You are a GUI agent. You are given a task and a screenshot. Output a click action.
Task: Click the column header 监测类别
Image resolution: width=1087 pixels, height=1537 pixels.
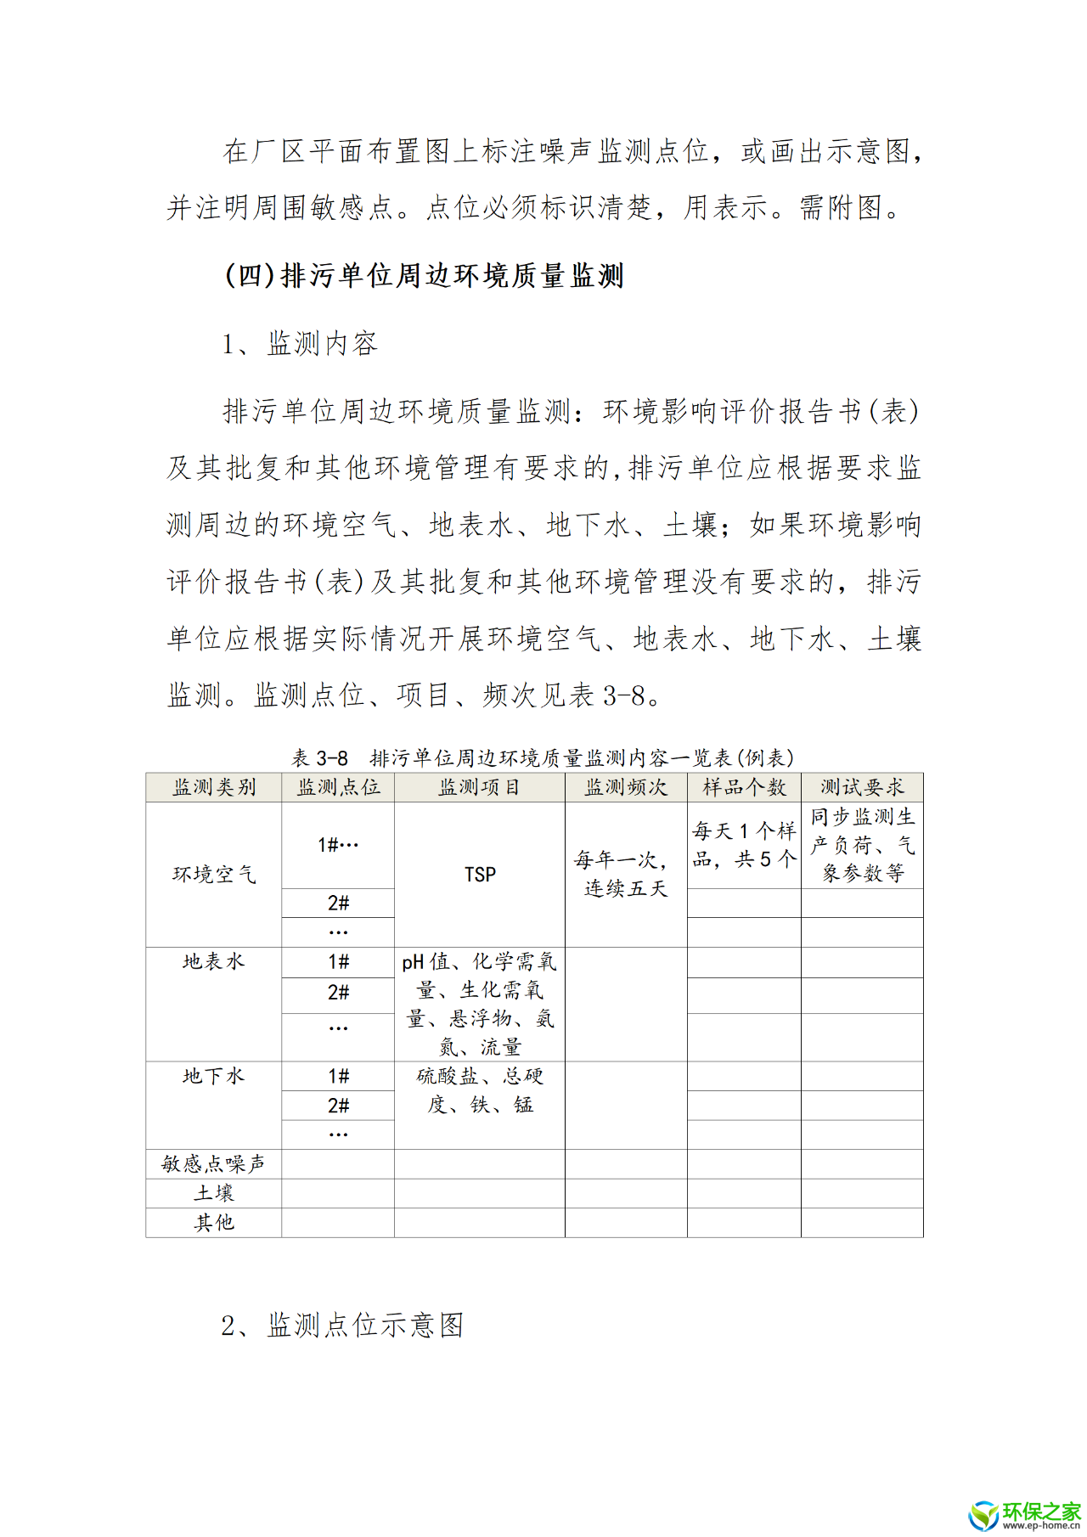pos(214,787)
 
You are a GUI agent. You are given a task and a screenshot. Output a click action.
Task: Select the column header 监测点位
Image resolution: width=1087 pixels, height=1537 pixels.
pos(338,787)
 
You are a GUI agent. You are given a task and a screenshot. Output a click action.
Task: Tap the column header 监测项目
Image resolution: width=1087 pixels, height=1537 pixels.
pos(479,787)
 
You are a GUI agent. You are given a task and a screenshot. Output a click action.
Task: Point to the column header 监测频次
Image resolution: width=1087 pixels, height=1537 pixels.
pos(626,787)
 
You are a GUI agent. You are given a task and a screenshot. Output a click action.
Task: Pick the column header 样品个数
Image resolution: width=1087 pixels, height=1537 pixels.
pos(744,787)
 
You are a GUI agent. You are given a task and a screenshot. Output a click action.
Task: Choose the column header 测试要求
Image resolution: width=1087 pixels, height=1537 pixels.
pos(862,787)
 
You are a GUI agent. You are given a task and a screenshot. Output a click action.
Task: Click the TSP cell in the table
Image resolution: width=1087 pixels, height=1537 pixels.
pos(480,874)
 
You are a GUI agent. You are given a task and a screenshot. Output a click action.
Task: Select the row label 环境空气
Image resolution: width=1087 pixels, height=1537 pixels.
pos(214,874)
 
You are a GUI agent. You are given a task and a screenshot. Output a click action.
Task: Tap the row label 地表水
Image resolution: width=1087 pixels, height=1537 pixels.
pos(214,961)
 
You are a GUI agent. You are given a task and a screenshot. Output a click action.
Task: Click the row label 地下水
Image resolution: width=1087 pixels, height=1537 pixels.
pos(214,1076)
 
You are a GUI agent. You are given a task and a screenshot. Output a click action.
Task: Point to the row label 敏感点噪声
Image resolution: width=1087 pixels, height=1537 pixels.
pos(214,1163)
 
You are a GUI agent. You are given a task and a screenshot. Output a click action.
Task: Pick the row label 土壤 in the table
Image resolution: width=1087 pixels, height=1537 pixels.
pos(214,1193)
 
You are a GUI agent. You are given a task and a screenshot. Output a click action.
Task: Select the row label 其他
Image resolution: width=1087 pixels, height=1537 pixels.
pos(214,1222)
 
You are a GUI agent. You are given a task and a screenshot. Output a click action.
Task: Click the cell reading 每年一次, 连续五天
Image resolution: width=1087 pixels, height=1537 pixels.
pos(626,874)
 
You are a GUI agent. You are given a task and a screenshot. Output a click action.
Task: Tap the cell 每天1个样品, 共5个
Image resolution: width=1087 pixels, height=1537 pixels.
pos(744,845)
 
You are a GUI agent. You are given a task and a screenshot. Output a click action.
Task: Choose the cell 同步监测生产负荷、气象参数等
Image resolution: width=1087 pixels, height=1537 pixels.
pos(862,845)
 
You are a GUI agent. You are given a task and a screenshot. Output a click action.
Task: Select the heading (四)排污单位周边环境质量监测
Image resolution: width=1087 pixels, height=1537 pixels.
pos(424,276)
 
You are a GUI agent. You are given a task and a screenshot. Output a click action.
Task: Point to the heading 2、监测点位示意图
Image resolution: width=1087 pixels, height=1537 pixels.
pos(342,1325)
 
